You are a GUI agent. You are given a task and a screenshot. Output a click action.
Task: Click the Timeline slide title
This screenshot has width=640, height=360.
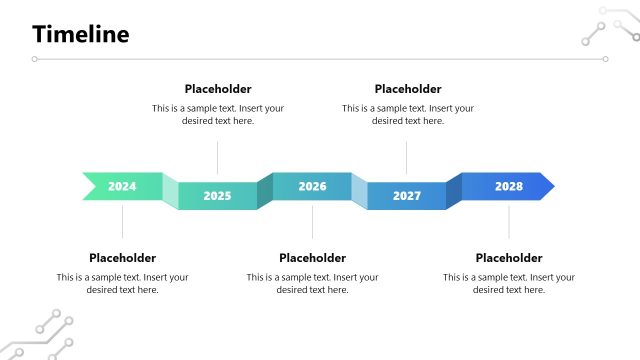tap(81, 35)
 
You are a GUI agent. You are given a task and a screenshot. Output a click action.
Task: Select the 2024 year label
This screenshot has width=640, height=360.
tap(122, 186)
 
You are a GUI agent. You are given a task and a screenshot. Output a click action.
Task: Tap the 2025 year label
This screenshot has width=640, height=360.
tap(217, 196)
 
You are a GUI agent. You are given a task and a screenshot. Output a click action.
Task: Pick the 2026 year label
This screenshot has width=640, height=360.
tap(312, 186)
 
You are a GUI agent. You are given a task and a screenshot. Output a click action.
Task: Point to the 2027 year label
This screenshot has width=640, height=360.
tap(407, 196)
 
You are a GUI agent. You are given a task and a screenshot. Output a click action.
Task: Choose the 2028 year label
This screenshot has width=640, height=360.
tap(508, 186)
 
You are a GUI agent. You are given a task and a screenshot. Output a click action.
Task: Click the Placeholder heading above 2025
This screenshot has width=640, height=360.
tap(218, 89)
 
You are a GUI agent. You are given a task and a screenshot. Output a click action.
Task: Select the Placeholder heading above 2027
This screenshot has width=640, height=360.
tap(408, 89)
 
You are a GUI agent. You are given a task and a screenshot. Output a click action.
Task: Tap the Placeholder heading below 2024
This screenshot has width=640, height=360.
tap(122, 258)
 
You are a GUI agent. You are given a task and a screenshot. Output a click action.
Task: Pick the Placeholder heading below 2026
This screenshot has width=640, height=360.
tap(312, 258)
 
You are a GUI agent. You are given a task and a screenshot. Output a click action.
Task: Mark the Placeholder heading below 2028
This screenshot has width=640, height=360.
tap(509, 258)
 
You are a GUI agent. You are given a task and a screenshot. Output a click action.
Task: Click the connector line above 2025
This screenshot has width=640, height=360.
tap(217, 157)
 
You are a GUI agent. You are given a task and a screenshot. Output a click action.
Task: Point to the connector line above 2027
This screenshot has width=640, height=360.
tap(407, 157)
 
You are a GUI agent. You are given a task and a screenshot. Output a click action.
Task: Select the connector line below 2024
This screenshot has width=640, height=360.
tap(122, 221)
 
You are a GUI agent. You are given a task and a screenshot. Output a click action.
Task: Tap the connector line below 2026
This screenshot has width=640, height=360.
tap(312, 221)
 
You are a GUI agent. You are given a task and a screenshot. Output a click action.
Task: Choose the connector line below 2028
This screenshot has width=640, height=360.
tap(508, 221)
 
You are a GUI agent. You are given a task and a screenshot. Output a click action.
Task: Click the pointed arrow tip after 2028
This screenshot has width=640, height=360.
tap(547, 186)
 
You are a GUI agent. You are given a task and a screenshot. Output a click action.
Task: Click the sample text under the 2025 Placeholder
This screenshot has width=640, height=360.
tap(218, 114)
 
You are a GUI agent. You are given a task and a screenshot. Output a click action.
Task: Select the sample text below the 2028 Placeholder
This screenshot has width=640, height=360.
tap(509, 283)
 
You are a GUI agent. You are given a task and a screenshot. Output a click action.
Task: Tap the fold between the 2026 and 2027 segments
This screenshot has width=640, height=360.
tap(359, 189)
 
